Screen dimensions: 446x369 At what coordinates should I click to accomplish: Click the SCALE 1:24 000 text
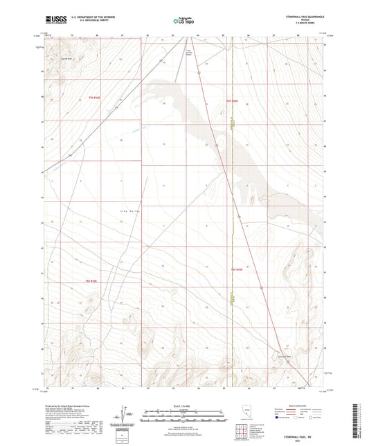coord(183,404)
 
